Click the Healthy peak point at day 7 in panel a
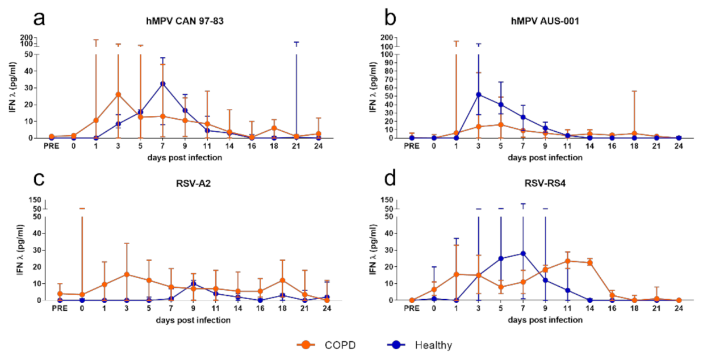[163, 83]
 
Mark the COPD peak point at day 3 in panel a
[118, 94]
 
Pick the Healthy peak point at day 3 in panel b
[479, 95]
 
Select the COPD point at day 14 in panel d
[589, 263]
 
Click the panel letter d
[391, 181]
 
